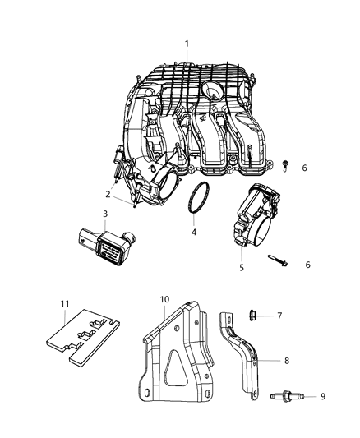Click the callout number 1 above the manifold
point(187,44)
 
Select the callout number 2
point(107,194)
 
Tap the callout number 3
point(104,214)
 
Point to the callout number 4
point(194,233)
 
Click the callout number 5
point(242,267)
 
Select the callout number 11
point(66,304)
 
